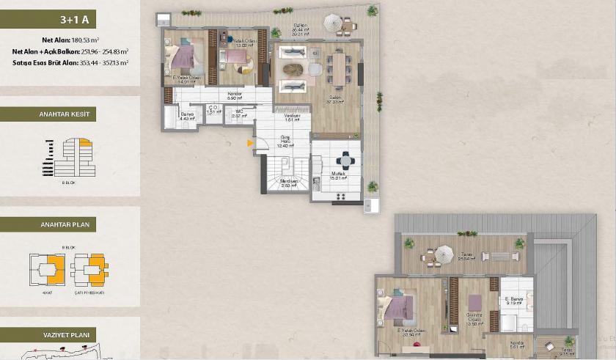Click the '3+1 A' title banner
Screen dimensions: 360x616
(x=70, y=21)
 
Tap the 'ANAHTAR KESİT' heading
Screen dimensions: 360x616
(x=70, y=114)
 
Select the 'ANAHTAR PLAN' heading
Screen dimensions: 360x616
(x=70, y=225)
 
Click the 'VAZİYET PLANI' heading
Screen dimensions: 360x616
(x=70, y=335)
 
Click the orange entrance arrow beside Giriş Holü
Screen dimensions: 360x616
(x=251, y=142)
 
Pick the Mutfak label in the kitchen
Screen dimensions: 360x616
(x=337, y=174)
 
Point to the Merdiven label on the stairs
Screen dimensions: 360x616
(x=288, y=182)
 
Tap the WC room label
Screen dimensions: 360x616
(x=238, y=113)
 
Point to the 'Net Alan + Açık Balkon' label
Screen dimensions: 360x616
(x=44, y=51)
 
